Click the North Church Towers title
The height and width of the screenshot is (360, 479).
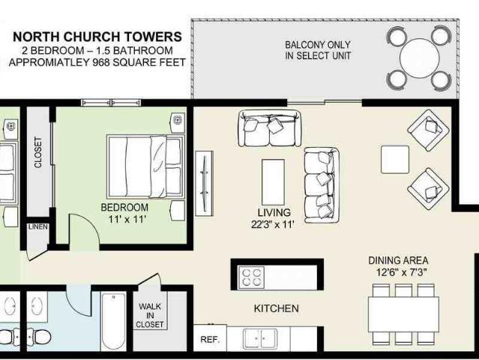pyautogui.click(x=97, y=36)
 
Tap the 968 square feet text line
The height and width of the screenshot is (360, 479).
pyautogui.click(x=96, y=63)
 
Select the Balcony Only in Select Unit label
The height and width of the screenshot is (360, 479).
pyautogui.click(x=318, y=50)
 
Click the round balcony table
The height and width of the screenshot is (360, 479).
pyautogui.click(x=421, y=58)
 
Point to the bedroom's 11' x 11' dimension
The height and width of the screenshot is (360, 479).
pyautogui.click(x=124, y=220)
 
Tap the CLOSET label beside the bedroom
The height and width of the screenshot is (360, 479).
pyautogui.click(x=38, y=152)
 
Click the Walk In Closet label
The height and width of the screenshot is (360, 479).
pyautogui.click(x=150, y=315)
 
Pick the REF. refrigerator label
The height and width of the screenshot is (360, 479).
pyautogui.click(x=209, y=340)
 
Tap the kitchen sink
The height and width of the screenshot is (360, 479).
pyautogui.click(x=262, y=338)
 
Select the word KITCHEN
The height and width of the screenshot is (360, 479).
pyautogui.click(x=276, y=308)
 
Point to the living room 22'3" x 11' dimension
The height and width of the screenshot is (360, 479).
pyautogui.click(x=273, y=223)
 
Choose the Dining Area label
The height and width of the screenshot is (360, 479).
pyautogui.click(x=398, y=260)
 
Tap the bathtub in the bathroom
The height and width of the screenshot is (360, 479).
pyautogui.click(x=113, y=322)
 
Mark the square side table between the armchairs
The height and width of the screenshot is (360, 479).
pyautogui.click(x=395, y=159)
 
